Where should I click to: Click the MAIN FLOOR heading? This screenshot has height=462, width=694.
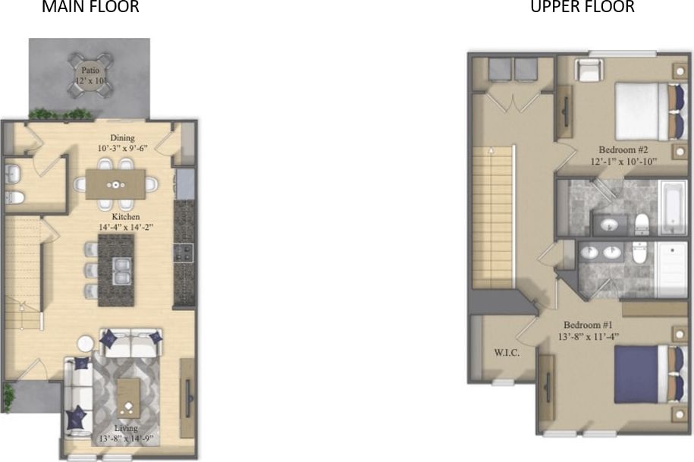(90, 8)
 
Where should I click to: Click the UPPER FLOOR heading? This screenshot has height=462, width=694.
(582, 8)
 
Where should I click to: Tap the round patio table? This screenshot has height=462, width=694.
(90, 74)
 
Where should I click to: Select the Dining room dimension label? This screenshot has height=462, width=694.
(122, 149)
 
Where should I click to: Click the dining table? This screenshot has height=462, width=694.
(115, 184)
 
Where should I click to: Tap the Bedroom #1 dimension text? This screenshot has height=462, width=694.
(589, 336)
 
